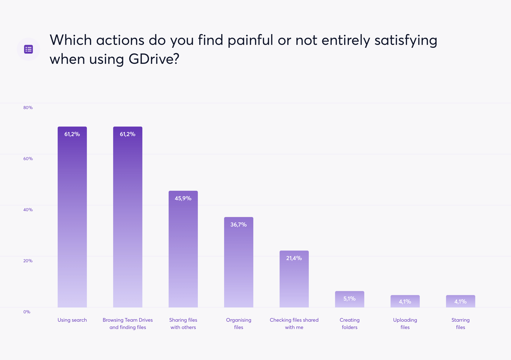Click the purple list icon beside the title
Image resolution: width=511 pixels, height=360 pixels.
[28, 49]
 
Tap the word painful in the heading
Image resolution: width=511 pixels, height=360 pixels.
[250, 40]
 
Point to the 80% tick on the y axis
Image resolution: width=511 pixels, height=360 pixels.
[28, 108]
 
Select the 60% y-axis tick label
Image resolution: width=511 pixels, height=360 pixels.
[28, 159]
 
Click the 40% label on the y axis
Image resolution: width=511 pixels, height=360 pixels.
[28, 210]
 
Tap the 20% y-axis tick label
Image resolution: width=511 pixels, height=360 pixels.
[28, 261]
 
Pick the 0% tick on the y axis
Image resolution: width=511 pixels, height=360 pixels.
[27, 312]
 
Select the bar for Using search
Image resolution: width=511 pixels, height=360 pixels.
[72, 219]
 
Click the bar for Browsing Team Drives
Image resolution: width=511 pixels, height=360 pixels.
[128, 219]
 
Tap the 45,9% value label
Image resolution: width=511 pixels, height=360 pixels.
[183, 198]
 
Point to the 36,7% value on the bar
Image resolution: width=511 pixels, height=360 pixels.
[239, 225]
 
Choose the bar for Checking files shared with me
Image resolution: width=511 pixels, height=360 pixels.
[294, 281]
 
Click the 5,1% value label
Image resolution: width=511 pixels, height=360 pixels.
[350, 299]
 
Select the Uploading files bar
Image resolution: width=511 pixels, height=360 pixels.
[405, 301]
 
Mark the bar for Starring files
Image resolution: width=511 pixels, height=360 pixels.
[461, 301]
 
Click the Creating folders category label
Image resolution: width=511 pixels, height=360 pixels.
[350, 324]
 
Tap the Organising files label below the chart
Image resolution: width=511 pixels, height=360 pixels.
[239, 324]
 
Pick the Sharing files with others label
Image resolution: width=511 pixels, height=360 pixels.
[183, 324]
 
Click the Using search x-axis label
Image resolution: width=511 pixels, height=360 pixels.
[72, 320]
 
